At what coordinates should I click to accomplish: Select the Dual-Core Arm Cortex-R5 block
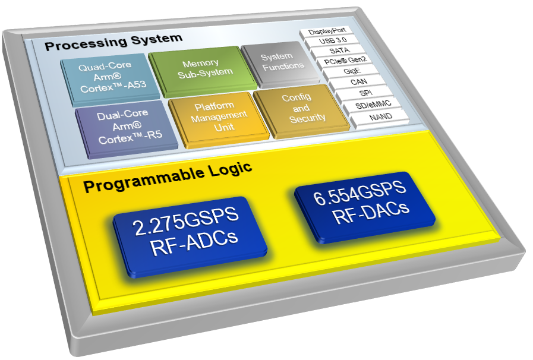click(127, 128)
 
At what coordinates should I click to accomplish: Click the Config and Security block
click(301, 110)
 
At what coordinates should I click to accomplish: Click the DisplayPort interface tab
click(326, 32)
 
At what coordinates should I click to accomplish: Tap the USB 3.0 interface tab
click(332, 42)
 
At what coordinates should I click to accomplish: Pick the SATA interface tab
click(338, 51)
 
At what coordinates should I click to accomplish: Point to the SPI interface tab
click(365, 93)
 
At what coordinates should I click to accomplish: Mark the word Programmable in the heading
click(144, 181)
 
